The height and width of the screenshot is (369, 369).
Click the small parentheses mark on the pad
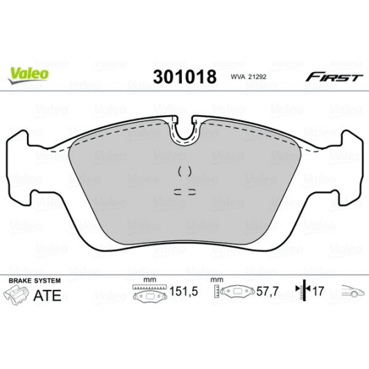pyautogui.click(x=184, y=171)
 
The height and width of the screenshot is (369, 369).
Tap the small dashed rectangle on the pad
pyautogui.click(x=184, y=190)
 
